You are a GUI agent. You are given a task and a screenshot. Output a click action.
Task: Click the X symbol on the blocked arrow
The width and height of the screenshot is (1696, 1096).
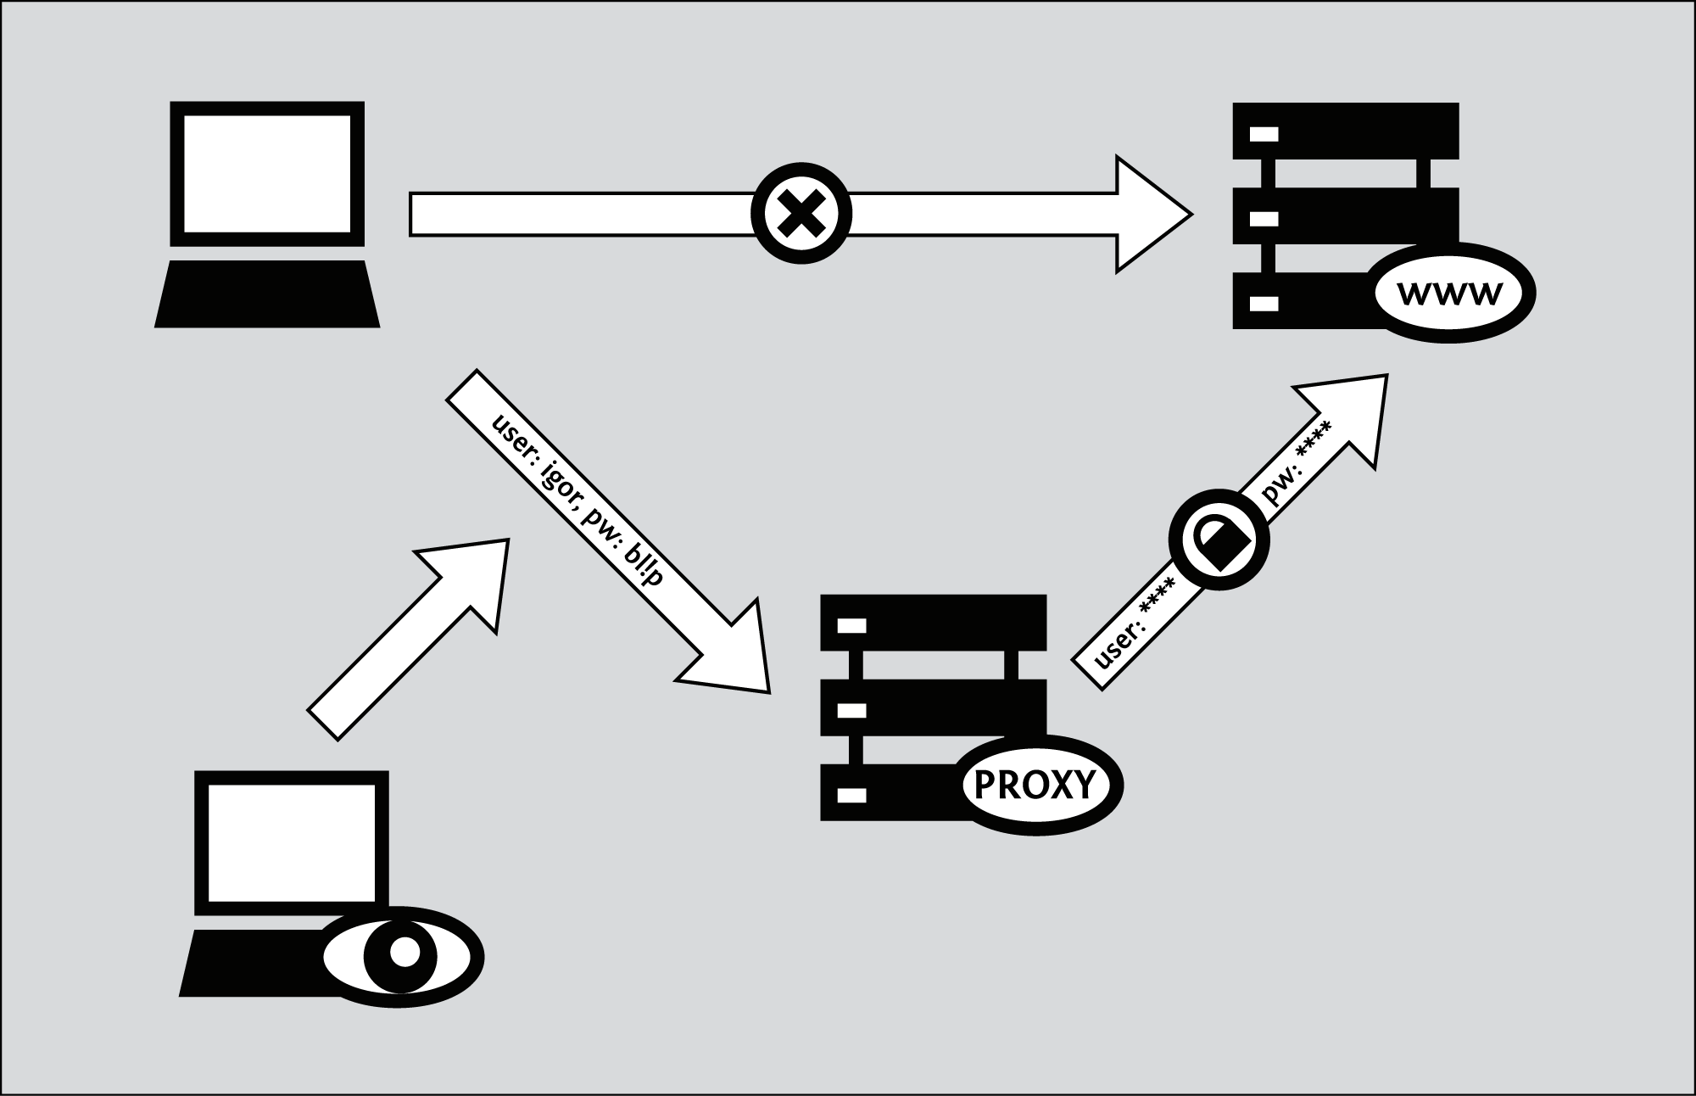point(801,213)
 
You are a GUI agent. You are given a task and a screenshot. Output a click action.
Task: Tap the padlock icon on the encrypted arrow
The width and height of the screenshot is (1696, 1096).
point(1219,540)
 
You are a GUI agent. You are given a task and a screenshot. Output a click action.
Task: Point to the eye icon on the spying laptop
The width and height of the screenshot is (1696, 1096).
point(403,953)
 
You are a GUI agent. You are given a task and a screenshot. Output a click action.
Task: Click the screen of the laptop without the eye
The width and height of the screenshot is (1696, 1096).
point(267,173)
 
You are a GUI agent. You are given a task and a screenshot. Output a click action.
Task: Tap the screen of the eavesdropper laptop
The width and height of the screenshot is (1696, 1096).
point(292,842)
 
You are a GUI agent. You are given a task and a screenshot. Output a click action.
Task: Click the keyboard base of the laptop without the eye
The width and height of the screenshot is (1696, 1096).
point(267,294)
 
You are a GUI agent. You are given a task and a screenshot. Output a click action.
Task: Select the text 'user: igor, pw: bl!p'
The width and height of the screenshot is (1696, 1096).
point(576,494)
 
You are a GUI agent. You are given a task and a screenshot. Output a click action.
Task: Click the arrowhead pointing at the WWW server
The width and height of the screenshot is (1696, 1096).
point(1149,214)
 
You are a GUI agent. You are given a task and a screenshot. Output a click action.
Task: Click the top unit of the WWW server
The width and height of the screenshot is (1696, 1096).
point(1346,131)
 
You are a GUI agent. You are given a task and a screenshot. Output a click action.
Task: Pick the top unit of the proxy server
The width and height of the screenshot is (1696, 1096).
point(933,623)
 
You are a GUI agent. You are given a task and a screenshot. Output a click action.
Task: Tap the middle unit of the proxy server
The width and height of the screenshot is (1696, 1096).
point(933,707)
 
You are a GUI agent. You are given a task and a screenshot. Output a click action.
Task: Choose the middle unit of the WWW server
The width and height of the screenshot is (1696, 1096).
point(1346,215)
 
